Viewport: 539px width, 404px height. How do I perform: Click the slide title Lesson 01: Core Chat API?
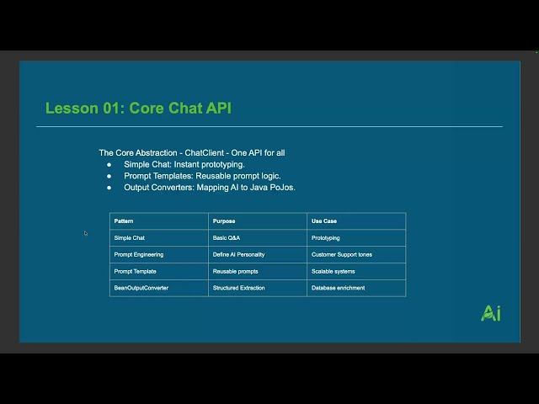[x=138, y=109]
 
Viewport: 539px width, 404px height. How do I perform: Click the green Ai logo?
[x=490, y=313]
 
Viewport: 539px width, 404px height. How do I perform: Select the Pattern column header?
[x=124, y=221]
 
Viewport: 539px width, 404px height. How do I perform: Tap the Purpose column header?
[x=224, y=221]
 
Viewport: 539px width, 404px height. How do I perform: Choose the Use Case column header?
[x=324, y=221]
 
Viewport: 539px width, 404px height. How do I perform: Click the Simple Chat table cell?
[x=129, y=237]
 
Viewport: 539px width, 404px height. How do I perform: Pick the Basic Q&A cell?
[x=227, y=237]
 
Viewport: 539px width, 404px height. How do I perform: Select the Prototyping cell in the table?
[x=326, y=237]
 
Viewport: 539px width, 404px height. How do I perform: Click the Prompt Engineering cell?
[x=139, y=254]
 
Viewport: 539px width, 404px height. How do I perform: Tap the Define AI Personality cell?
[x=238, y=254]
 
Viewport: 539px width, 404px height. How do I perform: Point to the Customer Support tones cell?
[x=342, y=254]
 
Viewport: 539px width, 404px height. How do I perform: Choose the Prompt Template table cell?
[x=135, y=271]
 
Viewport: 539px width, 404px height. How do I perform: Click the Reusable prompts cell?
[x=236, y=271]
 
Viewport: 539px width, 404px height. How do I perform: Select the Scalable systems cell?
[x=334, y=271]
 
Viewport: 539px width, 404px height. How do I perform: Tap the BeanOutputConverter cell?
[x=141, y=288]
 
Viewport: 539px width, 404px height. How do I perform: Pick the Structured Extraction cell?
[x=239, y=288]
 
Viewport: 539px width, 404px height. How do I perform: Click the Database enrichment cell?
[x=339, y=288]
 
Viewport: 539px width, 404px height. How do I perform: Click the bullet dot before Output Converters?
[x=109, y=188]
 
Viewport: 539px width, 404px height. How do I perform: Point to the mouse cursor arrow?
[x=86, y=233]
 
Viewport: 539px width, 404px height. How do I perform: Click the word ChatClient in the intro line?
[x=204, y=153]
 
